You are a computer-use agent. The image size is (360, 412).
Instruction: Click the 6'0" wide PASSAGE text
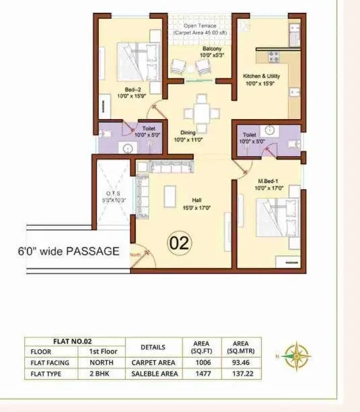click(x=69, y=252)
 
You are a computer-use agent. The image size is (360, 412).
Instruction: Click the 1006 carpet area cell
click(x=203, y=363)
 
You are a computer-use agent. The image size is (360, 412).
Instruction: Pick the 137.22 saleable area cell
click(x=239, y=374)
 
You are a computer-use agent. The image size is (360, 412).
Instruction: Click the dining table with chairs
click(x=200, y=108)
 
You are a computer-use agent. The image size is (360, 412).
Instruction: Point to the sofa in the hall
click(x=165, y=166)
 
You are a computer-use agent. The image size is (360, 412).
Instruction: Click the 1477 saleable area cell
click(x=203, y=374)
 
